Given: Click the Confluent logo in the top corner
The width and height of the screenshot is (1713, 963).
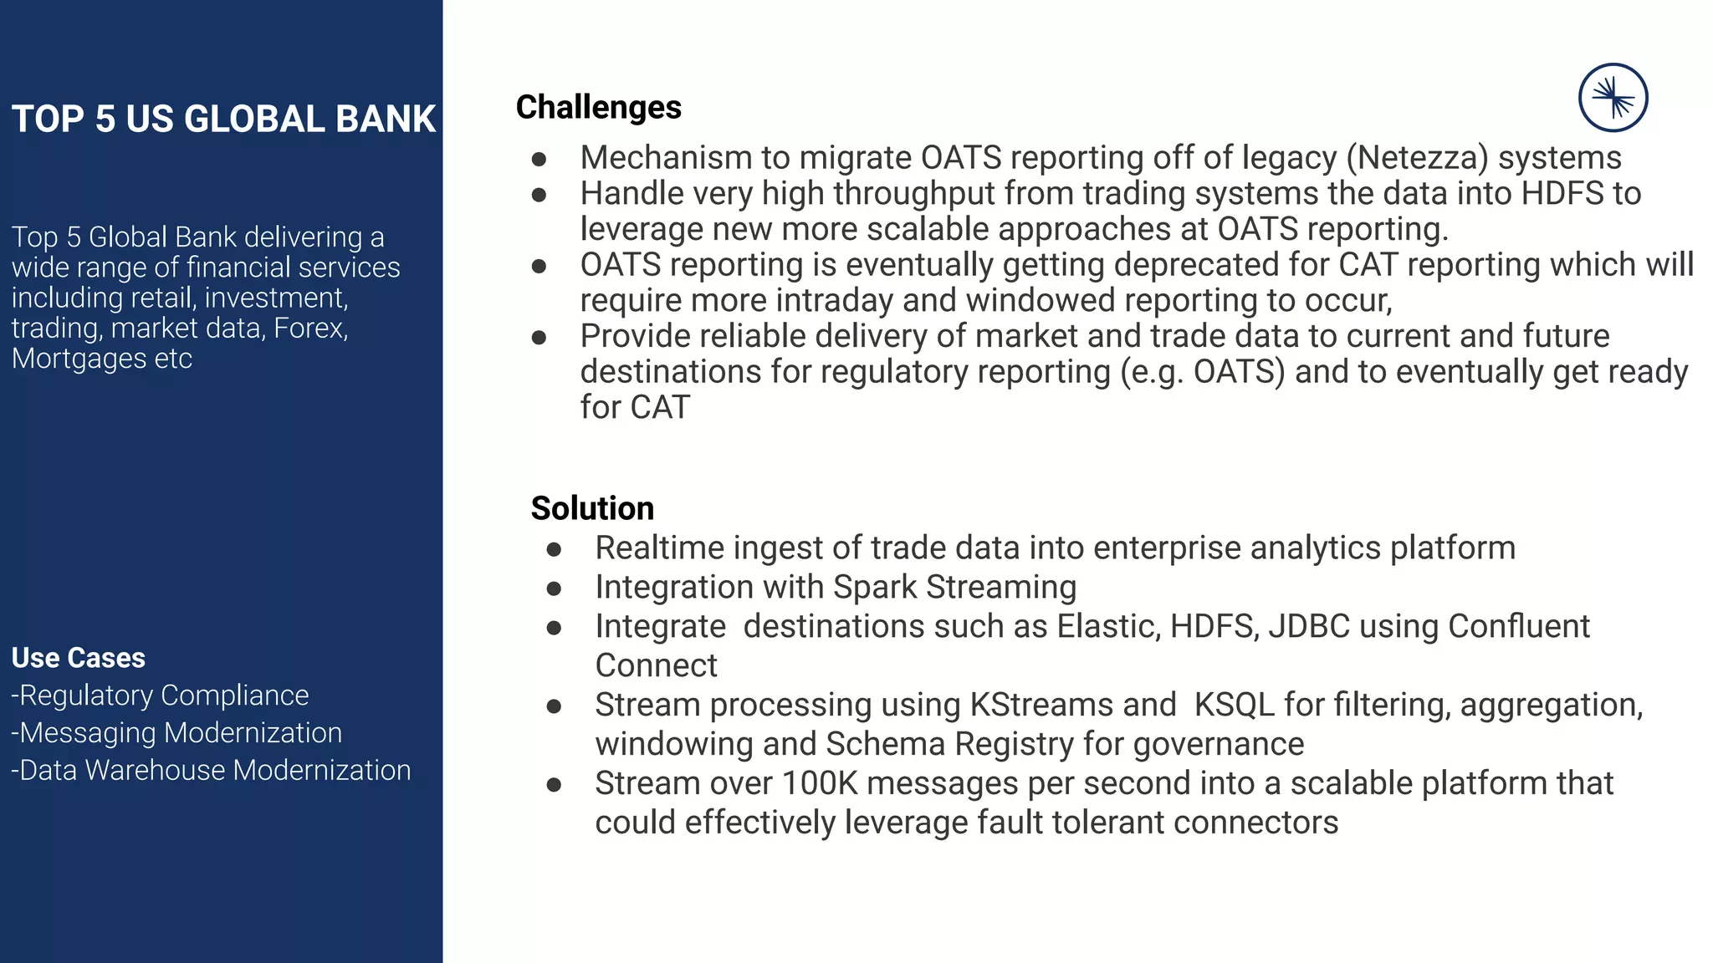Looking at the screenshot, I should (x=1613, y=98).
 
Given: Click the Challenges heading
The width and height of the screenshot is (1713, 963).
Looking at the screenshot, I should (x=598, y=108).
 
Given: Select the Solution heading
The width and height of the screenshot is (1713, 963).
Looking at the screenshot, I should (x=592, y=508).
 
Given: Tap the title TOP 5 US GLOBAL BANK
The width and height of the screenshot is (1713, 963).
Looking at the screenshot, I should (x=223, y=120).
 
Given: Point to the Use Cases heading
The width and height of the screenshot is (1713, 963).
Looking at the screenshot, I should (x=79, y=658).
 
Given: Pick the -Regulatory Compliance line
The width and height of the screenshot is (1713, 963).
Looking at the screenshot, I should (x=160, y=695).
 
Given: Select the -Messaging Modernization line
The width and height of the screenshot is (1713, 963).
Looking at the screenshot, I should (x=176, y=733).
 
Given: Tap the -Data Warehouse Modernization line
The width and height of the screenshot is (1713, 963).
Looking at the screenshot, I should (x=211, y=770).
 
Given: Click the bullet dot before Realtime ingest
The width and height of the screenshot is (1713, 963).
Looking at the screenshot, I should (x=554, y=549).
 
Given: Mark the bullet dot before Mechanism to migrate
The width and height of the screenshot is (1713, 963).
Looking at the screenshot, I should (x=539, y=159).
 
